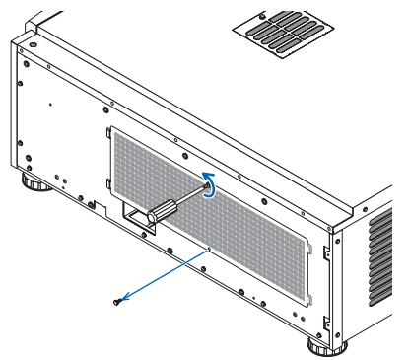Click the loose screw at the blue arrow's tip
[118, 302]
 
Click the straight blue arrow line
[163, 276]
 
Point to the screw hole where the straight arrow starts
[207, 251]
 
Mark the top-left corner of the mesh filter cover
[107, 129]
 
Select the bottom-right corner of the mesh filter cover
[308, 307]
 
